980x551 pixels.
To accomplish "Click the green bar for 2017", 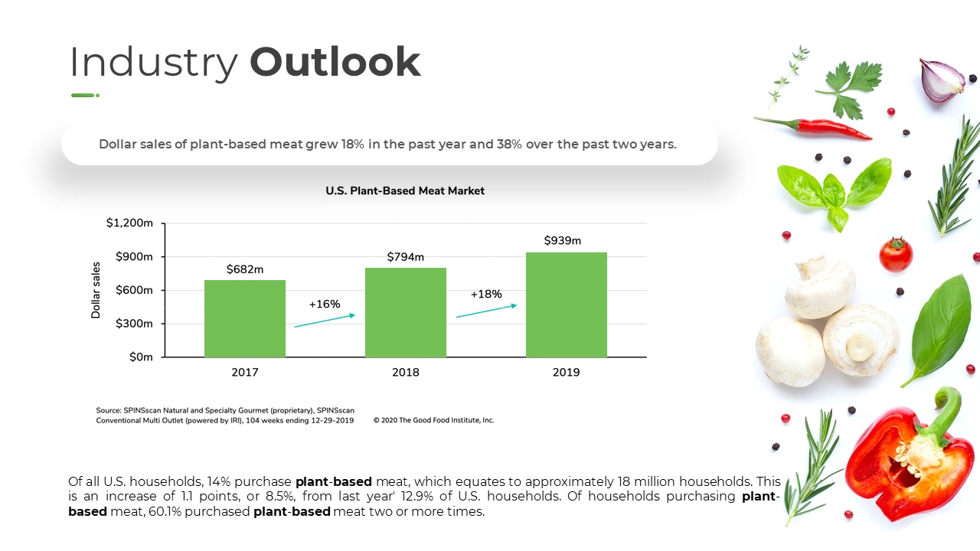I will (x=245, y=318).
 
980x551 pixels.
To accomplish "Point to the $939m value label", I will (x=563, y=241).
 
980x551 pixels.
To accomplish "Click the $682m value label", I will (x=245, y=269).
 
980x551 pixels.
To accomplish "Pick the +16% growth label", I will (x=325, y=304).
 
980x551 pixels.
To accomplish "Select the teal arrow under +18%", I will (x=486, y=311).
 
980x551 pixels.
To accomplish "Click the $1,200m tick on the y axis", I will (x=130, y=223).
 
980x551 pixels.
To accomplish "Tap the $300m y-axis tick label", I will (x=135, y=324).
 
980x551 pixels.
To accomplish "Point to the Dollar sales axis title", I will (x=96, y=290).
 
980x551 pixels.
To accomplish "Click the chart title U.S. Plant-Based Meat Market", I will (x=405, y=191).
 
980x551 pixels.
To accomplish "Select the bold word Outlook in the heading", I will (x=335, y=63).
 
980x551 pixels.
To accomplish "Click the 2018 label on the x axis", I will (x=406, y=373).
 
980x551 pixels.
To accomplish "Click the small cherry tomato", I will (x=895, y=255).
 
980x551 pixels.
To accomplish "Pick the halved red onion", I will (x=941, y=80).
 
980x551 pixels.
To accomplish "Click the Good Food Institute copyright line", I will (x=434, y=420).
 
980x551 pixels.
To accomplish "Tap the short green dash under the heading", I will (x=84, y=96).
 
